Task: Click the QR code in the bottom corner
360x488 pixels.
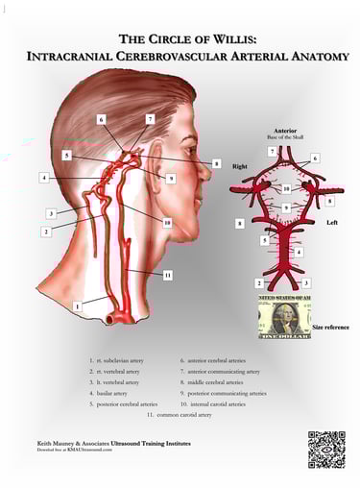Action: tap(325, 449)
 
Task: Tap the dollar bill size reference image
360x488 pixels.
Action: tap(284, 317)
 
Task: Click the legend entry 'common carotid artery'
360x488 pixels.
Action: tap(182, 415)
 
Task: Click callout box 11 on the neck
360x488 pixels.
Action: tap(166, 275)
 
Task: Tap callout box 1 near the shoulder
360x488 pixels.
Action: tap(78, 305)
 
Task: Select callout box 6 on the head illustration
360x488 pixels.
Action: tap(102, 120)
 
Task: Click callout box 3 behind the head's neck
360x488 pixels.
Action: tap(51, 212)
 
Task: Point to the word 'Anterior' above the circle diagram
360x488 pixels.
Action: tap(285, 131)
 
